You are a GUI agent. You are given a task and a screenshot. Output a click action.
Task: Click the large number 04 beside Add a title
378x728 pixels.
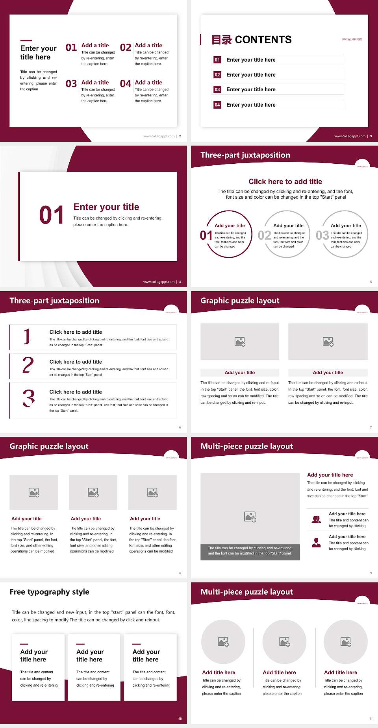click(x=126, y=84)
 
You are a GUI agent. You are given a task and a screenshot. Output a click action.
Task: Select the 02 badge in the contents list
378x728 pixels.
click(x=217, y=75)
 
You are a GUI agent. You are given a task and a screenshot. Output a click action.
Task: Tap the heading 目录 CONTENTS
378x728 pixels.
click(x=252, y=40)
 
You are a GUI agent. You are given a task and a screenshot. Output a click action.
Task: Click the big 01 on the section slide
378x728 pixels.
click(x=52, y=215)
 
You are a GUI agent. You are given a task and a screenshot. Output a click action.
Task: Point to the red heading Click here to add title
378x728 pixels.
click(x=285, y=181)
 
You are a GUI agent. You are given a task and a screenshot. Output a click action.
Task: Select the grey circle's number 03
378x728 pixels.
click(x=322, y=235)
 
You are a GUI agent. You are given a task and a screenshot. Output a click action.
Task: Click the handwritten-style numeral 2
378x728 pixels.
click(x=28, y=365)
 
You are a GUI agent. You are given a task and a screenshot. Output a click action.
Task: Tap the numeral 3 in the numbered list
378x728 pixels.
click(x=28, y=398)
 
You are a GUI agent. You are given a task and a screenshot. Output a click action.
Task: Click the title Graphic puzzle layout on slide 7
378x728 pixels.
click(x=240, y=301)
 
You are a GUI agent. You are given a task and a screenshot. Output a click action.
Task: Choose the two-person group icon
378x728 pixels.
click(x=316, y=519)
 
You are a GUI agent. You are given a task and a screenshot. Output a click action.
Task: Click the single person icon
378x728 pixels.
click(x=316, y=543)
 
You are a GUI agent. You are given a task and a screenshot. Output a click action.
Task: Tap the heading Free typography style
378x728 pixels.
click(x=50, y=592)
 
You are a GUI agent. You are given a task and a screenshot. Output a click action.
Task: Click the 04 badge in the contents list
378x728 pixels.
click(x=217, y=105)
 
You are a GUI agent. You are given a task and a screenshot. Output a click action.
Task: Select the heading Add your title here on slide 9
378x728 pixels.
click(x=330, y=475)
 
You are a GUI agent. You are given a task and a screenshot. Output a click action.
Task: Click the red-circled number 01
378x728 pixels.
click(x=206, y=235)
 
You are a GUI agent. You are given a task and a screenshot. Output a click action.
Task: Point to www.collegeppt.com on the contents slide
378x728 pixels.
click(x=350, y=136)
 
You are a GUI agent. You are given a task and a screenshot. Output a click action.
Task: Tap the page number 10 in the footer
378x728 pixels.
click(x=180, y=719)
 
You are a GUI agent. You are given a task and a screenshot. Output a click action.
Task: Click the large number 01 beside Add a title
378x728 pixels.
click(x=71, y=48)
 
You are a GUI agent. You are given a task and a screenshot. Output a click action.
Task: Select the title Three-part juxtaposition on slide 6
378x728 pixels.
click(x=54, y=301)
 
